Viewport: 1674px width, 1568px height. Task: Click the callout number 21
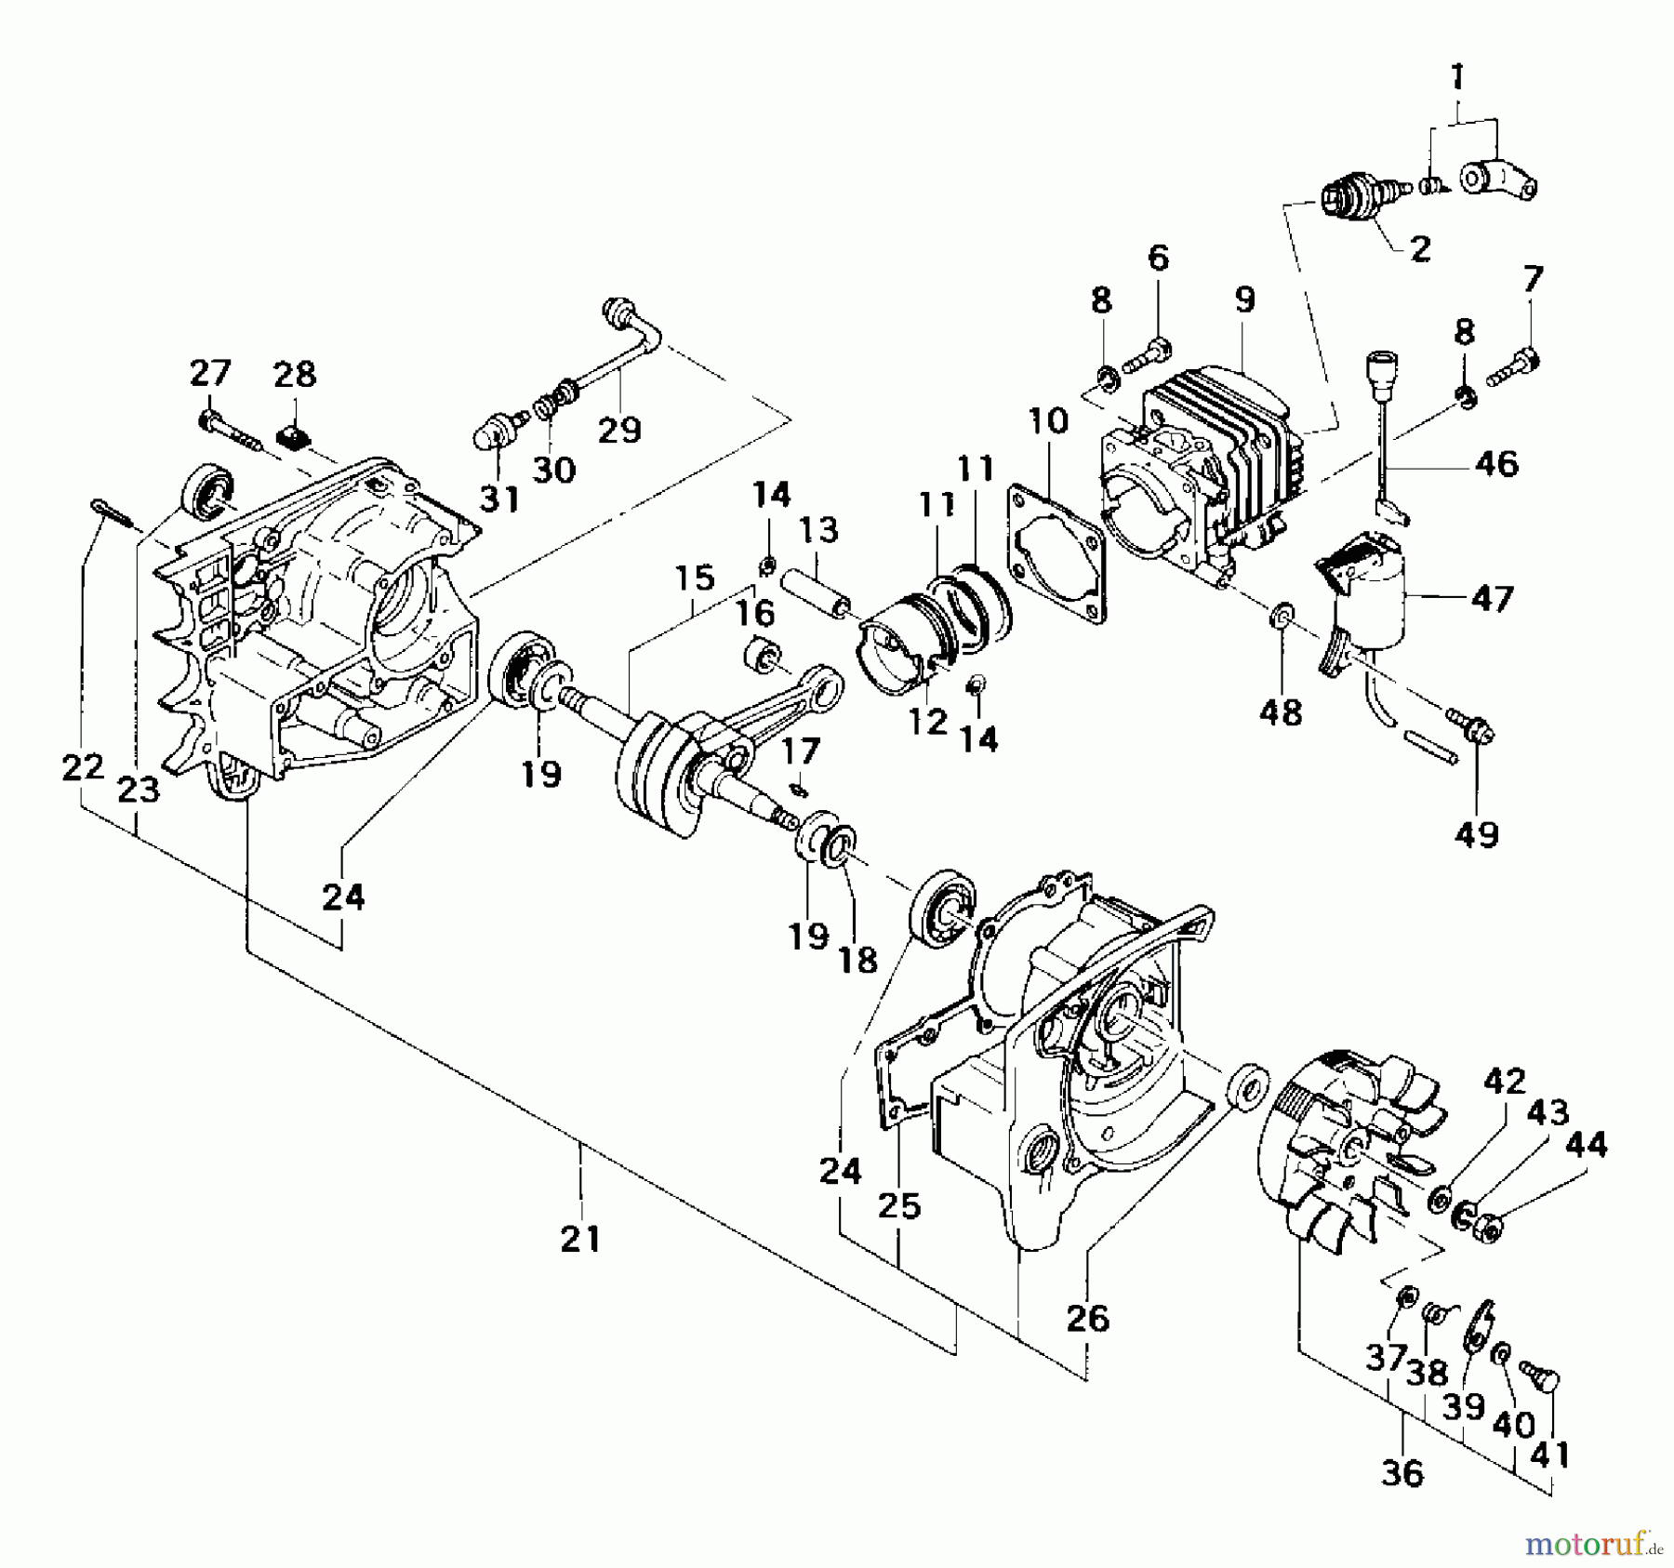tap(580, 1239)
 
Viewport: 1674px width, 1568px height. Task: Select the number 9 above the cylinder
tap(1244, 299)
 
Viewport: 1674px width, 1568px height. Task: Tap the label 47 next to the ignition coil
tap(1492, 598)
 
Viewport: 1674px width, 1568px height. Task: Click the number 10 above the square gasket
tap(1048, 421)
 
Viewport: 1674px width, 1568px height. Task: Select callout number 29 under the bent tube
tap(619, 430)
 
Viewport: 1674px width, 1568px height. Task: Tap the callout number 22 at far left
tap(82, 768)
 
